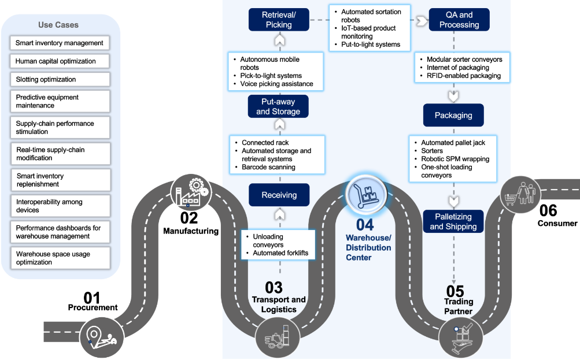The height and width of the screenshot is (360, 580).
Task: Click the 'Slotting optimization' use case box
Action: coord(60,79)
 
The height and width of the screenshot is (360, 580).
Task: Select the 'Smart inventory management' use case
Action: coord(60,43)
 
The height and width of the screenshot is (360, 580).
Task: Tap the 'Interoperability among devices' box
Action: coord(60,206)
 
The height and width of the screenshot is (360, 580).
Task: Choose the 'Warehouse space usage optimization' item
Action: coord(60,258)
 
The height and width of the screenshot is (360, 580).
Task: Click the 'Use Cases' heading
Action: coord(58,25)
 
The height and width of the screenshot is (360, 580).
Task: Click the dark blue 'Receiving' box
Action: coord(279,195)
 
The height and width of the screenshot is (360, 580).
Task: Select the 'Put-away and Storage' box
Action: coord(278,106)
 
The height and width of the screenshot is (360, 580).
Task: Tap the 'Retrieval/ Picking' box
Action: coord(279,20)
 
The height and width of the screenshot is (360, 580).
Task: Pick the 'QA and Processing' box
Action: coord(459,20)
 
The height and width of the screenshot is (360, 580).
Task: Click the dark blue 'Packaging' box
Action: coord(453,115)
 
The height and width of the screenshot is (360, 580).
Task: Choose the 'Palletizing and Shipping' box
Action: coord(453,221)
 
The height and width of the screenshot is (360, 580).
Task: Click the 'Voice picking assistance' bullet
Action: coord(276,84)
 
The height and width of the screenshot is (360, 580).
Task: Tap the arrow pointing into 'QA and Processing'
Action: coord(420,21)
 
